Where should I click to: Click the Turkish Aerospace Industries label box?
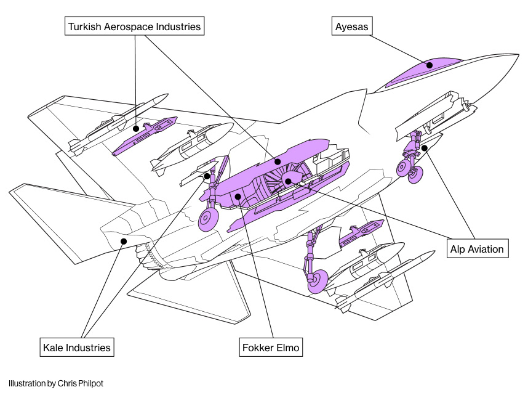click(135, 26)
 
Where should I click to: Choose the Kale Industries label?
click(76, 348)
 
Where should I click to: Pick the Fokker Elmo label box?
click(271, 348)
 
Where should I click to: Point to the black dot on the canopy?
click(430, 65)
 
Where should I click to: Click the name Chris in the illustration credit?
click(66, 383)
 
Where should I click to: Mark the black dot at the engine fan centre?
click(287, 181)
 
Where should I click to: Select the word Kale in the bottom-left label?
click(53, 348)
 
